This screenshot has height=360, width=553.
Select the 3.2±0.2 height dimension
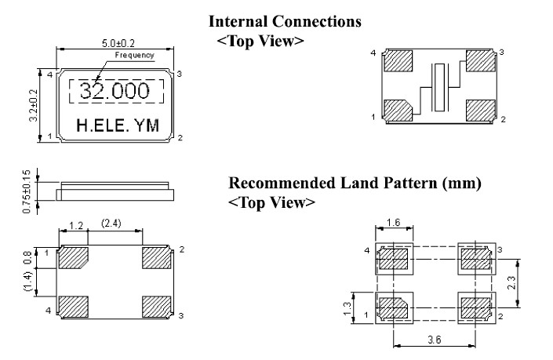click(x=32, y=105)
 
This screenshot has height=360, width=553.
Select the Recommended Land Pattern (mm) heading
click(x=355, y=184)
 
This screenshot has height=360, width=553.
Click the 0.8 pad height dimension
click(x=27, y=256)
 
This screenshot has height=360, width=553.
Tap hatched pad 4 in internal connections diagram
click(x=399, y=60)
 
